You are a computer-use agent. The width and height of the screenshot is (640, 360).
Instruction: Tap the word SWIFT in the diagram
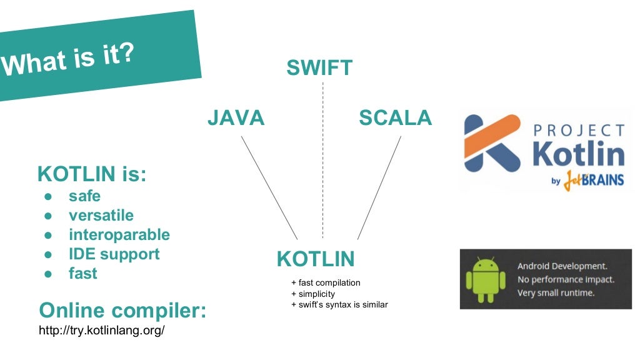click(319, 67)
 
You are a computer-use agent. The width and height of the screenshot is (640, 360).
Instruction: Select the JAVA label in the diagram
click(236, 117)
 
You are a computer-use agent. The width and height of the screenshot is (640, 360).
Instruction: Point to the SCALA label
click(395, 117)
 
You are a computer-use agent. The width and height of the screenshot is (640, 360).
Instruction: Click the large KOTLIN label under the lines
click(316, 259)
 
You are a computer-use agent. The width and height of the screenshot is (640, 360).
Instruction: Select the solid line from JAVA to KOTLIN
click(269, 187)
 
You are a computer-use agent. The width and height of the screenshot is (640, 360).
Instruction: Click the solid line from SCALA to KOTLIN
click(379, 187)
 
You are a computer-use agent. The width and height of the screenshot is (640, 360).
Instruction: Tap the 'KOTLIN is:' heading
click(92, 173)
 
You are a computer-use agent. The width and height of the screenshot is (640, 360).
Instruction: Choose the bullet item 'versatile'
click(101, 216)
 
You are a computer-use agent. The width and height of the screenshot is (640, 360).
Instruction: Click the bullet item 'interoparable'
click(119, 235)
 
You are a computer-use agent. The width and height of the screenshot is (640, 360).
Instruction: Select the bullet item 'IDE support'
click(114, 254)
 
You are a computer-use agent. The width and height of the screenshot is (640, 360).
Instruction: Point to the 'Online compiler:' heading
click(122, 310)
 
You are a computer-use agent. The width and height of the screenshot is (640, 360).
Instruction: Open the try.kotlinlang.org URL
click(102, 330)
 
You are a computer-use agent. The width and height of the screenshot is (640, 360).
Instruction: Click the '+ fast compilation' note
click(326, 282)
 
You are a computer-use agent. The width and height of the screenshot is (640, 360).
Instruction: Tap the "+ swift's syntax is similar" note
click(339, 305)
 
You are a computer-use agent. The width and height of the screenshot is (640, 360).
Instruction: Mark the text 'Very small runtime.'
click(556, 292)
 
